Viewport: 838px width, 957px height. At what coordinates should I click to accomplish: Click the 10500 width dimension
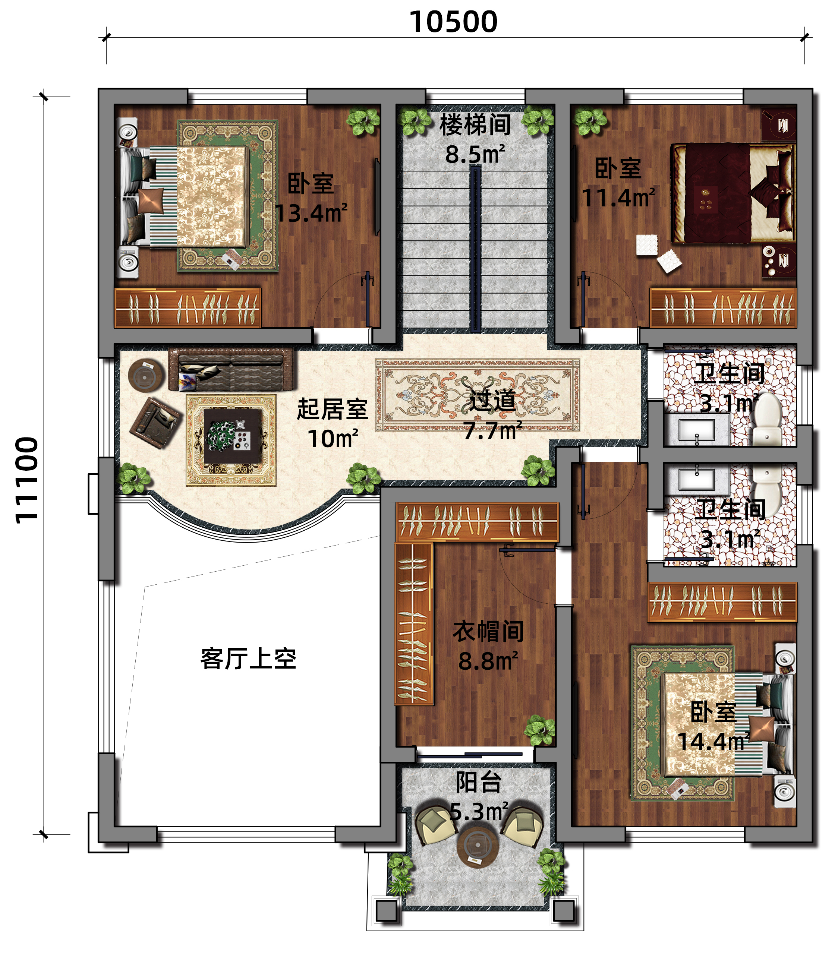[x=453, y=22]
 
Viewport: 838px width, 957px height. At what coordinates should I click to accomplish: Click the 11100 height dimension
[x=26, y=480]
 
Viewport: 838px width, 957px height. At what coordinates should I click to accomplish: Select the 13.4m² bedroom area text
[x=311, y=213]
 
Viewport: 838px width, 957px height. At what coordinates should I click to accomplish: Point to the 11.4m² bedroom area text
[x=618, y=197]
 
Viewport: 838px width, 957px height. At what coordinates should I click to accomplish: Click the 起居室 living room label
[x=333, y=409]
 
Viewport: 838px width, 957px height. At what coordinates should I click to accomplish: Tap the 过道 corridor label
[x=492, y=401]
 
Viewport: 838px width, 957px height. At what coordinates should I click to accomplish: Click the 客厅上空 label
[x=248, y=659]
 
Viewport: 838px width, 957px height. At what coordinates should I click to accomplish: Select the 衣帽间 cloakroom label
[x=488, y=631]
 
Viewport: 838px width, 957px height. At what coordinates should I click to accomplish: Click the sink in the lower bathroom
[x=697, y=479]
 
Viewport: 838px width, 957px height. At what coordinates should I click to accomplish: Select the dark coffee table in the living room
[x=232, y=436]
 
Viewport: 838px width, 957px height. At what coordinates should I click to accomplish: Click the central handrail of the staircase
[x=475, y=249]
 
